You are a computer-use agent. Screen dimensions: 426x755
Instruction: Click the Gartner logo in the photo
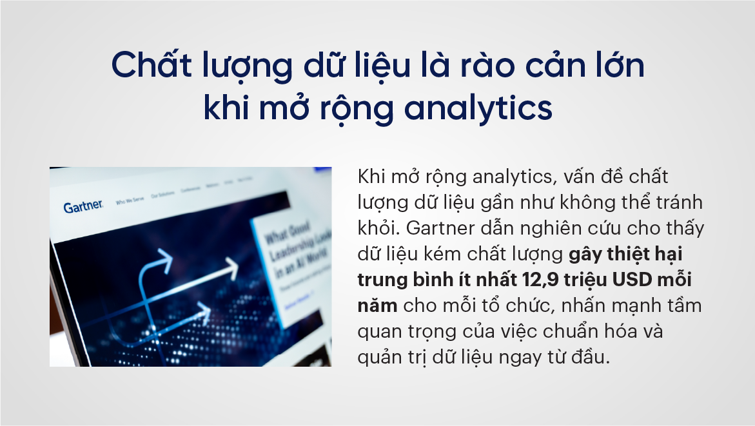[83, 206]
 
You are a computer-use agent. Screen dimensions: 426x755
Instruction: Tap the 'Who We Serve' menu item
[128, 202]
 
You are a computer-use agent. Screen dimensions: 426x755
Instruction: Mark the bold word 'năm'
[377, 307]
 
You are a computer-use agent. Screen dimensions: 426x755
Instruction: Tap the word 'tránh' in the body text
[676, 202]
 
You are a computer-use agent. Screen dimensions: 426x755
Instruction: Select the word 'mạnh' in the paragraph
[650, 307]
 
